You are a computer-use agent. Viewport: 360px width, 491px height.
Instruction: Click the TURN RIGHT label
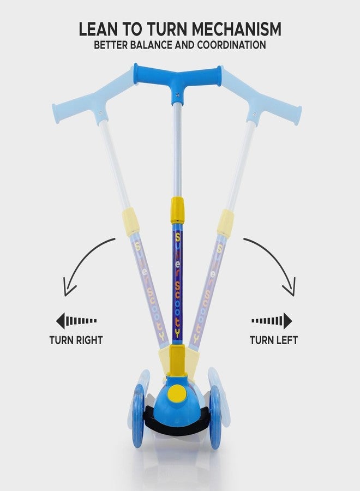[76, 340]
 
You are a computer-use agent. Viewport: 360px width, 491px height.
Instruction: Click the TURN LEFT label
[274, 340]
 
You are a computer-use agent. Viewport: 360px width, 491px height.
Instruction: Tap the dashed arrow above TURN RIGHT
[76, 320]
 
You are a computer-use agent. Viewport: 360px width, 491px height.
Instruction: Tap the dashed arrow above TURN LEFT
[272, 320]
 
